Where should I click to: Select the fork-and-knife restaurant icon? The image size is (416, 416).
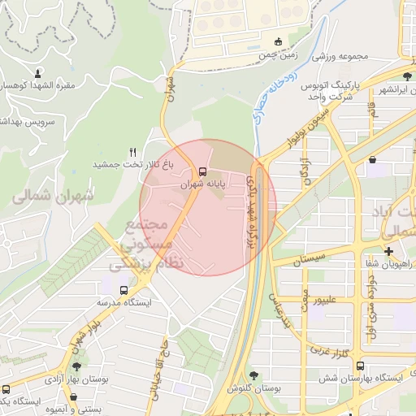[132, 152]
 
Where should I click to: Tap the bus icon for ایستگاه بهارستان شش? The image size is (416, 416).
[361, 366]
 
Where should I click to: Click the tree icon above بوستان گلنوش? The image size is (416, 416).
[255, 375]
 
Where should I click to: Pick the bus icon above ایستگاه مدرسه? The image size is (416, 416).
[123, 290]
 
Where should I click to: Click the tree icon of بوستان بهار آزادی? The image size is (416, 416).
[76, 366]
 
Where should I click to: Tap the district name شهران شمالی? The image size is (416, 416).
[54, 195]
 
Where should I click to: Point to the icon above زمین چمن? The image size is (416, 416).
[278, 41]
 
